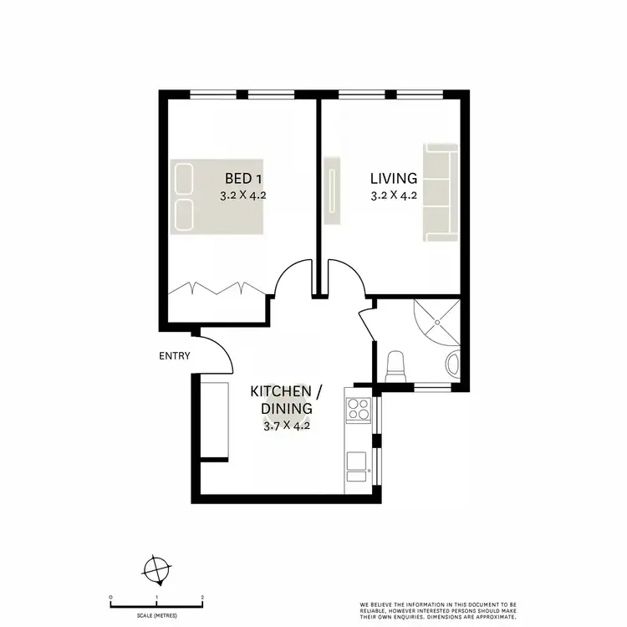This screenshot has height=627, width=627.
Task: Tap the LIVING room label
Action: (394, 178)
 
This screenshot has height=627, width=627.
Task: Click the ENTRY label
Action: (175, 356)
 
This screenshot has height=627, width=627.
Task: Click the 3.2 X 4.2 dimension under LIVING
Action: (394, 197)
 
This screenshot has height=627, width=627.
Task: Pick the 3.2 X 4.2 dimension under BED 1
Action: (243, 197)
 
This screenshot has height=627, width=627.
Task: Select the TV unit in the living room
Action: (332, 189)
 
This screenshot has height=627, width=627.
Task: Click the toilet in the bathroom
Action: (397, 364)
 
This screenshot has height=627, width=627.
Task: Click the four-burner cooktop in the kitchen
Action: (359, 410)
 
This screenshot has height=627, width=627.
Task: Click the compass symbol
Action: (156, 571)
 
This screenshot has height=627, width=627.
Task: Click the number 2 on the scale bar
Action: (203, 598)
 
